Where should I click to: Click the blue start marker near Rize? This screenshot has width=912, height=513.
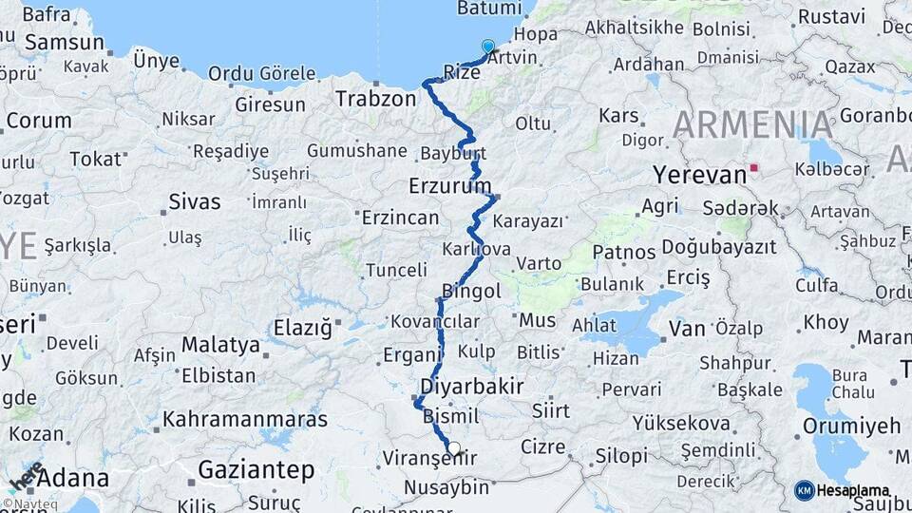coord(488,46)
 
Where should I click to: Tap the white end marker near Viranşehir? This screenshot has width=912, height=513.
coord(454,448)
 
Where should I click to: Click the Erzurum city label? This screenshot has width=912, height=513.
coord(450,184)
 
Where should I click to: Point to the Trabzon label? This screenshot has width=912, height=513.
coord(375,99)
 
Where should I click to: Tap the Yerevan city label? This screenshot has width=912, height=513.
coord(699,175)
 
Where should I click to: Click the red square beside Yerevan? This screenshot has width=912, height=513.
coord(754,168)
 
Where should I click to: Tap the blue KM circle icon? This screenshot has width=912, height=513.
coord(805,490)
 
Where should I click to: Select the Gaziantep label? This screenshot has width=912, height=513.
coord(256,469)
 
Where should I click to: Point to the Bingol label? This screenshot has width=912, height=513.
coord(471,292)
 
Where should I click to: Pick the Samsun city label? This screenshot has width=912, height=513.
coord(65,43)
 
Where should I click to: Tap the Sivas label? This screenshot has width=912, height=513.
coord(194,202)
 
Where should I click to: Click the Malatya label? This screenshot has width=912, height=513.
coord(220,344)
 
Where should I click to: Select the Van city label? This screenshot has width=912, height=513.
coord(687,329)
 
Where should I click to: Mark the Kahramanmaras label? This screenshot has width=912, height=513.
coord(245,419)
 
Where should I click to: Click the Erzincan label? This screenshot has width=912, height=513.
coord(401,218)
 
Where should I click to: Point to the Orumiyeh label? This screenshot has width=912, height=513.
coord(851,426)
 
